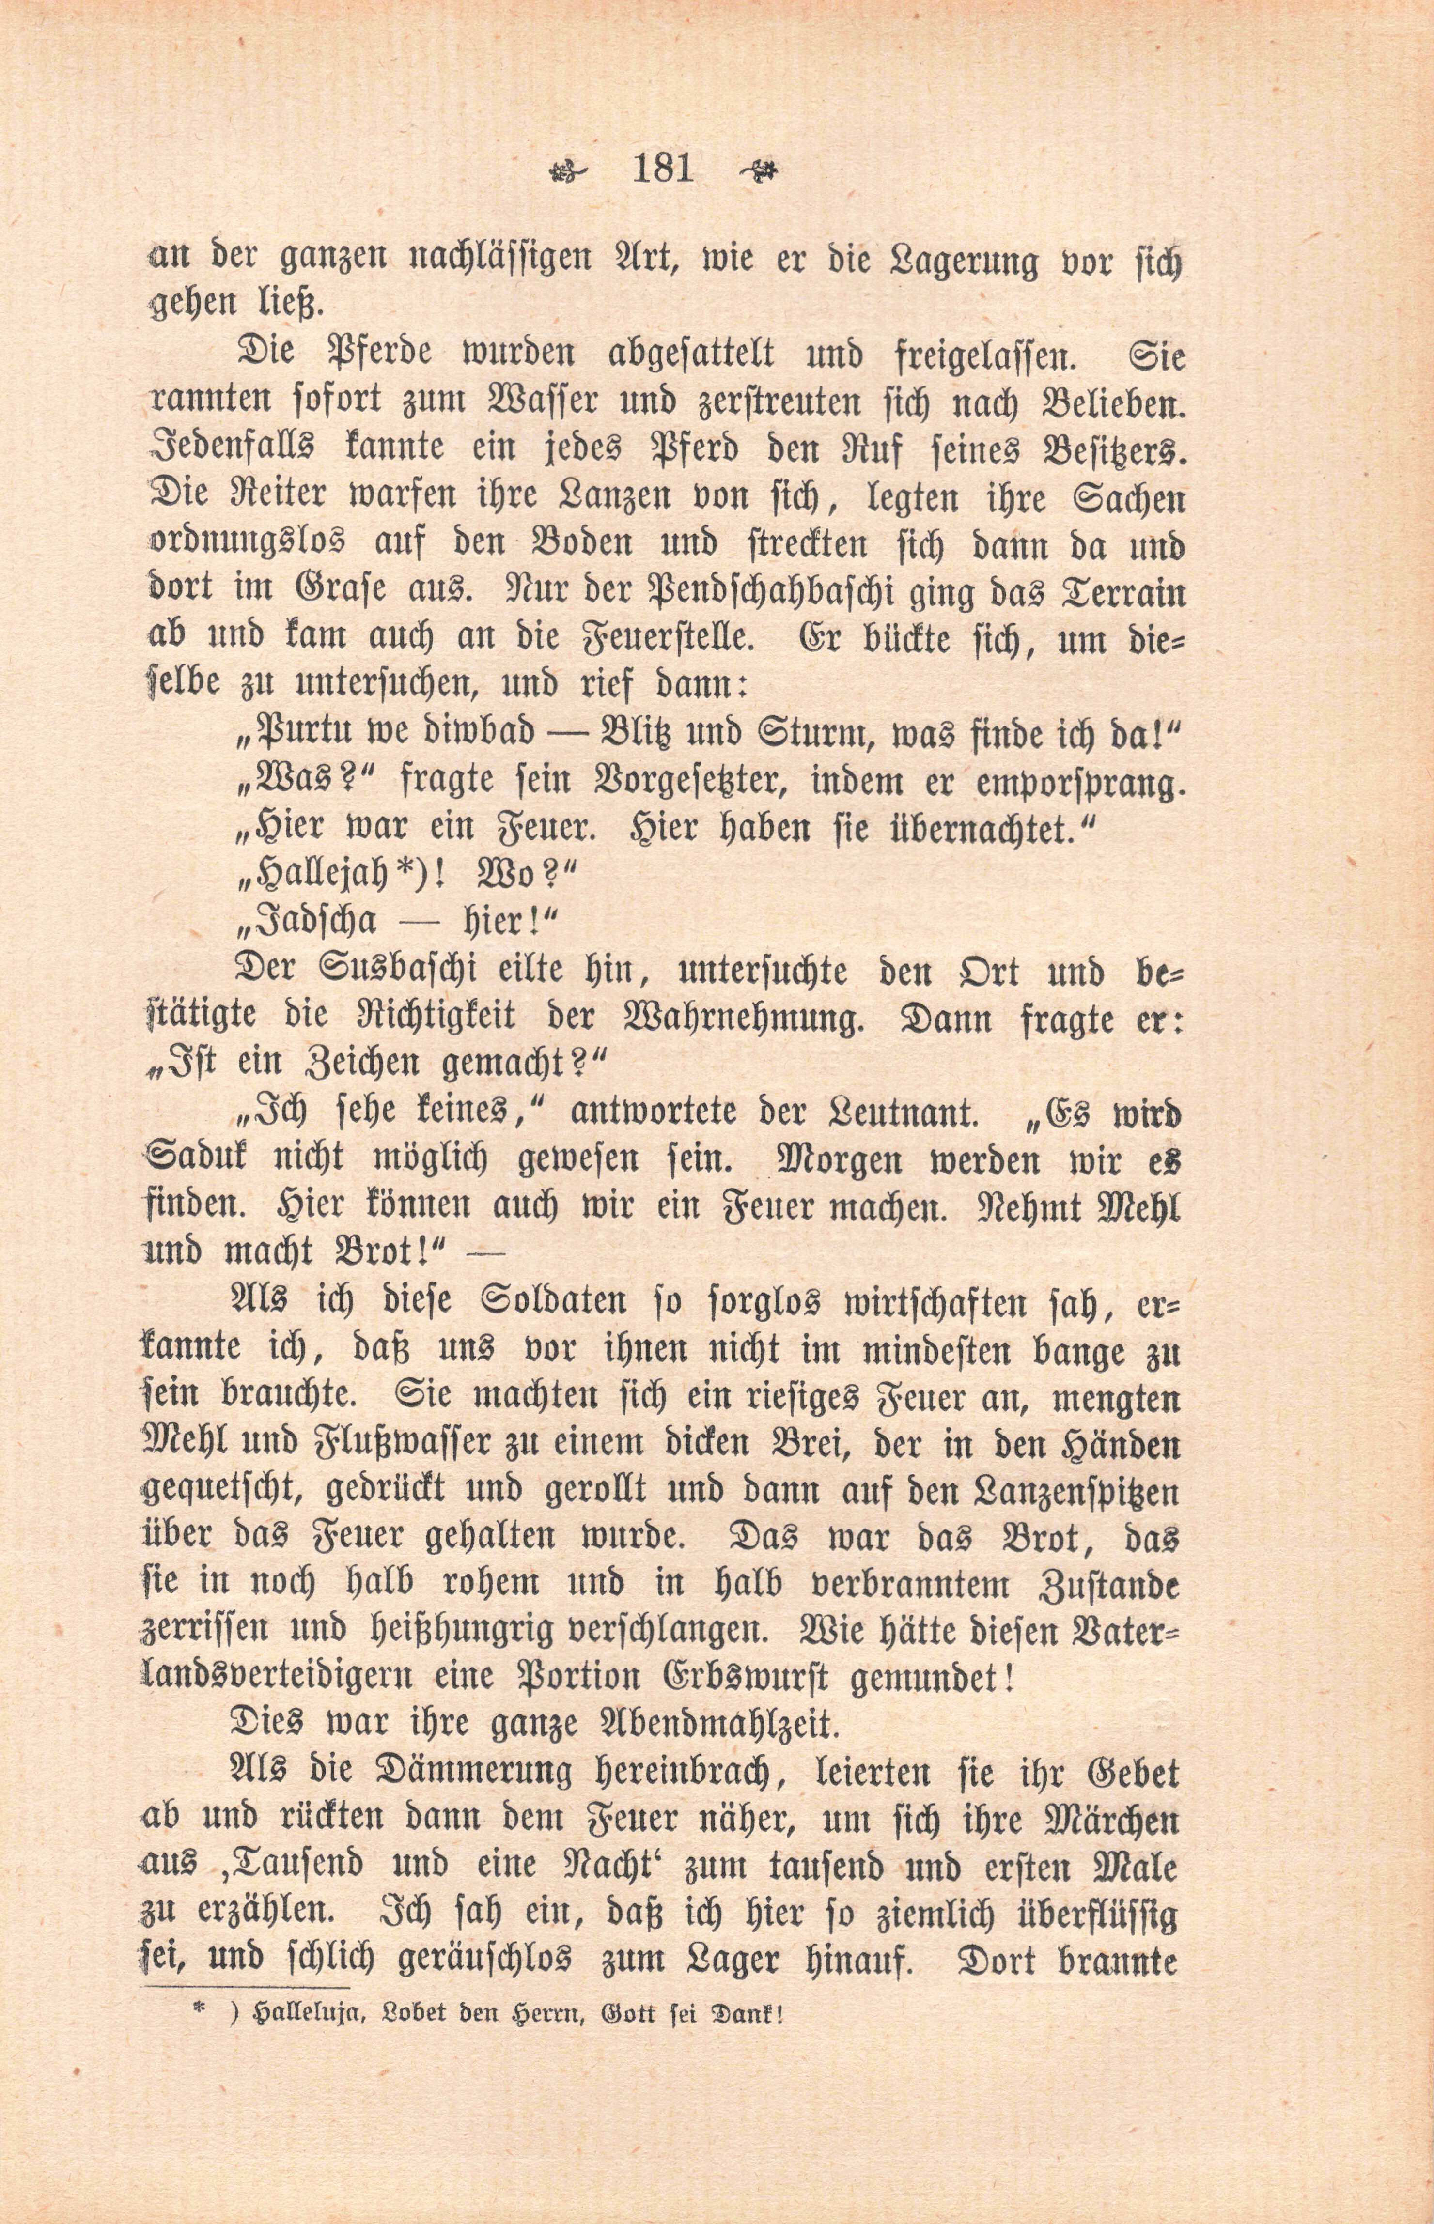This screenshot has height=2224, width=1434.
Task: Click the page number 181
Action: (662, 170)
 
